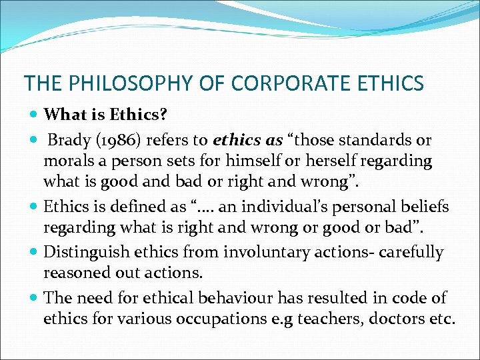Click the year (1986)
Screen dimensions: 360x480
(117, 141)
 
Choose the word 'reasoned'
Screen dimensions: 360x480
(74, 273)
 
